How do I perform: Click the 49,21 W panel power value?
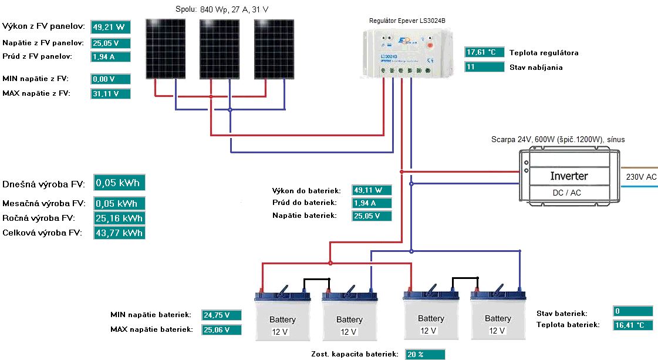[x=110, y=27]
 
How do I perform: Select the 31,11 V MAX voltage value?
[x=110, y=94]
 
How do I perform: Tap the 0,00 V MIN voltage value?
[x=110, y=79]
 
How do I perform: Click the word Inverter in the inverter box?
[x=569, y=176]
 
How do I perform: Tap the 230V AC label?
[x=641, y=177]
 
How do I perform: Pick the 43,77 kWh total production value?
[x=120, y=233]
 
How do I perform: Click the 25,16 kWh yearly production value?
[x=120, y=218]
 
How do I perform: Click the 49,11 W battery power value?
[x=372, y=190]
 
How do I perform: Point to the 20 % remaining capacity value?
[x=424, y=354]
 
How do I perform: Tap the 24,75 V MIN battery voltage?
[x=221, y=315]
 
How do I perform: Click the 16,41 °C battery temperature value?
[x=633, y=325]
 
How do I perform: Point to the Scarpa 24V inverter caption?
[x=558, y=140]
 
